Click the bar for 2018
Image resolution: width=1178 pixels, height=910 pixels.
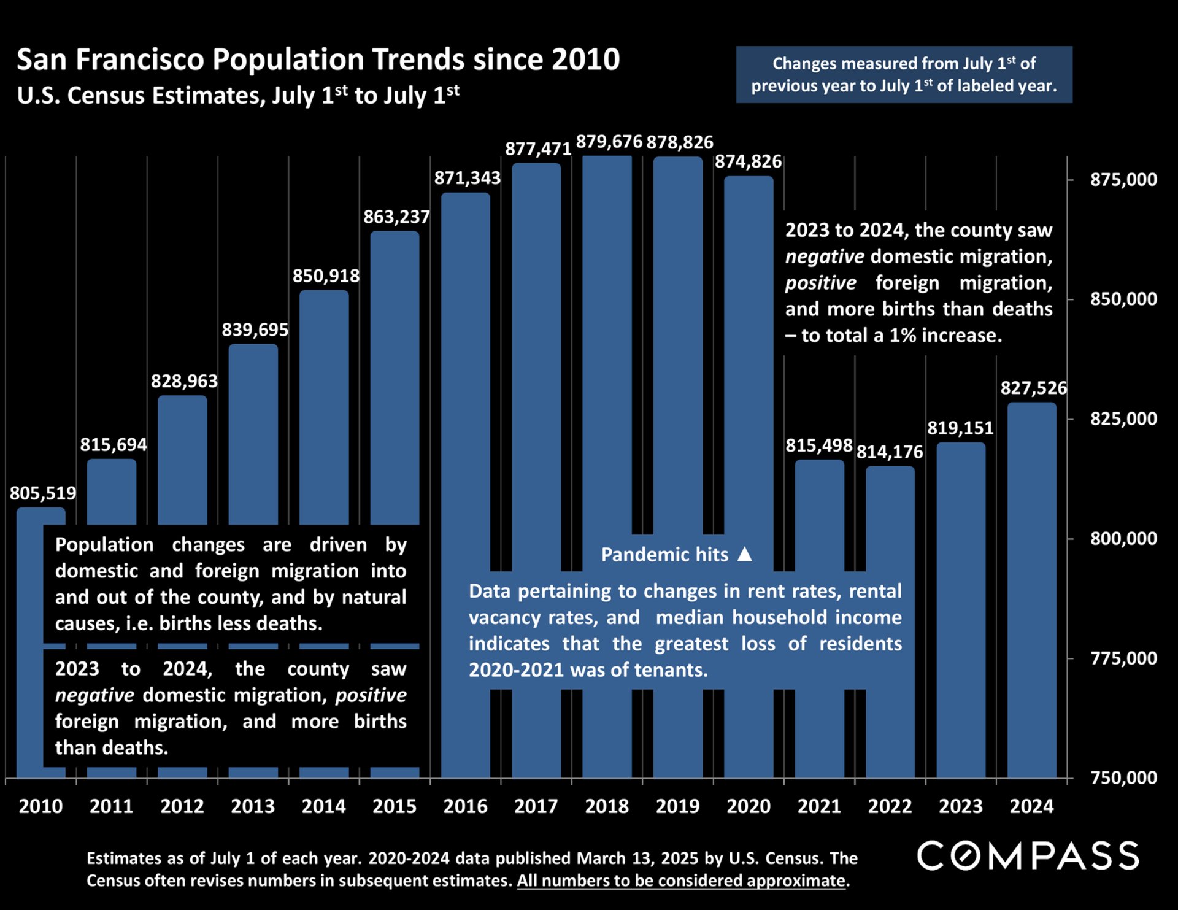(607, 344)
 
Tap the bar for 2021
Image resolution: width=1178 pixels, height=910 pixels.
(819, 503)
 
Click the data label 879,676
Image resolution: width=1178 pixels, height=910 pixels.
(609, 142)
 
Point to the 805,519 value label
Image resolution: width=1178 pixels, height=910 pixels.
(43, 493)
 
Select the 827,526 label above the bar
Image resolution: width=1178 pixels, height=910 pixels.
(1033, 388)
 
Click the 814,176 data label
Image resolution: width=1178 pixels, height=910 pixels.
(890, 452)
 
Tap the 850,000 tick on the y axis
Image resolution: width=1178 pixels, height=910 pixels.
(1123, 299)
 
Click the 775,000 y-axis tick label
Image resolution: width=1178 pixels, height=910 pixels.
(1123, 658)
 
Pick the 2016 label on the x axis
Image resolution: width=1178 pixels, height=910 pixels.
(465, 806)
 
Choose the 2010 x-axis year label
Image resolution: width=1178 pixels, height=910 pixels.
(40, 806)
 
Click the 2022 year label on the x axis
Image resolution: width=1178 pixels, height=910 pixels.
(890, 806)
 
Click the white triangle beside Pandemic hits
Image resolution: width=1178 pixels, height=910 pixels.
(744, 554)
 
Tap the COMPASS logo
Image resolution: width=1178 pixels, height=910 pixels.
(1028, 855)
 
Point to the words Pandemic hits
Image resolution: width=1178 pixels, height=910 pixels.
(664, 555)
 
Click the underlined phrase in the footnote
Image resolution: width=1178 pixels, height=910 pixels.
(681, 881)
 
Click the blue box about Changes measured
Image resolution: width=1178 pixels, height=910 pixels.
(904, 74)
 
